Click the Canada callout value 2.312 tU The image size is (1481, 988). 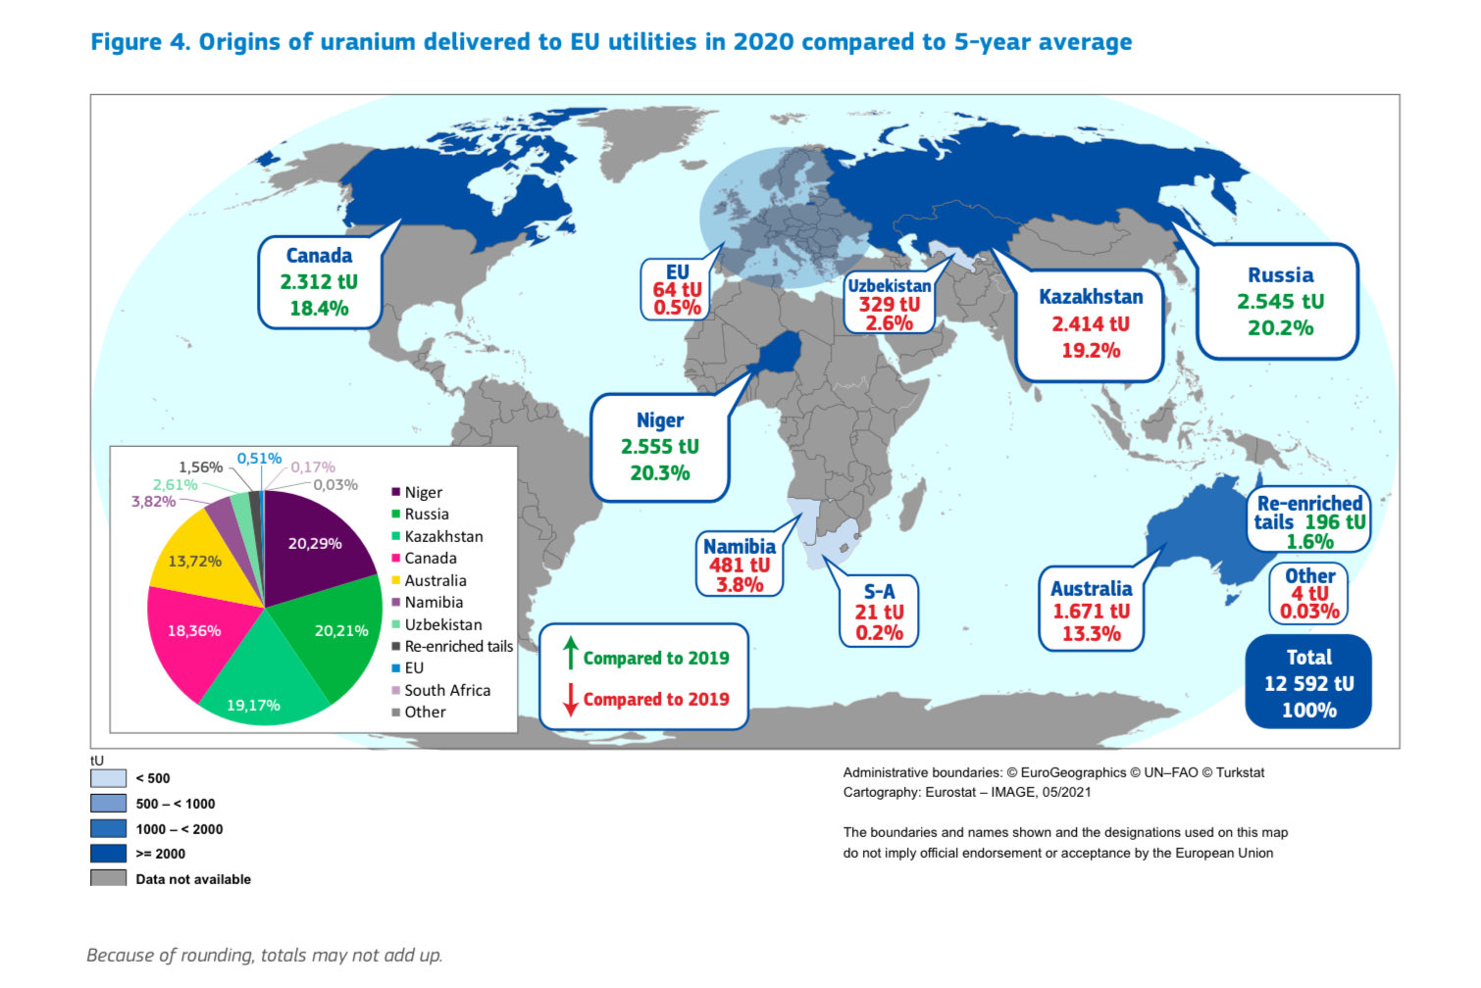[319, 282]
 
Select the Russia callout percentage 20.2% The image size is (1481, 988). [1280, 328]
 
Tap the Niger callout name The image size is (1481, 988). [660, 420]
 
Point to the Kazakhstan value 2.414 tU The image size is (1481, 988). [1091, 324]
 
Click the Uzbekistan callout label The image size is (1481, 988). [890, 286]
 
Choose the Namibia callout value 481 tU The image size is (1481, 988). [740, 566]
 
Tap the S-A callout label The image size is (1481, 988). [879, 592]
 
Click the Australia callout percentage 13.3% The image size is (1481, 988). [1091, 634]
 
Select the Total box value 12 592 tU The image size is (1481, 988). [1308, 684]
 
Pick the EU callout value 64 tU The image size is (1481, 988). [677, 290]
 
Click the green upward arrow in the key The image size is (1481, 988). [570, 653]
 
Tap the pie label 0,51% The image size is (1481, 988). [259, 459]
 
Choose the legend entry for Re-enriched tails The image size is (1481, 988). [458, 647]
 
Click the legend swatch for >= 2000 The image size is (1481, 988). [108, 854]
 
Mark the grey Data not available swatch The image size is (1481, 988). [108, 878]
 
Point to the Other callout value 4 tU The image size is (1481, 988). [1309, 594]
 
